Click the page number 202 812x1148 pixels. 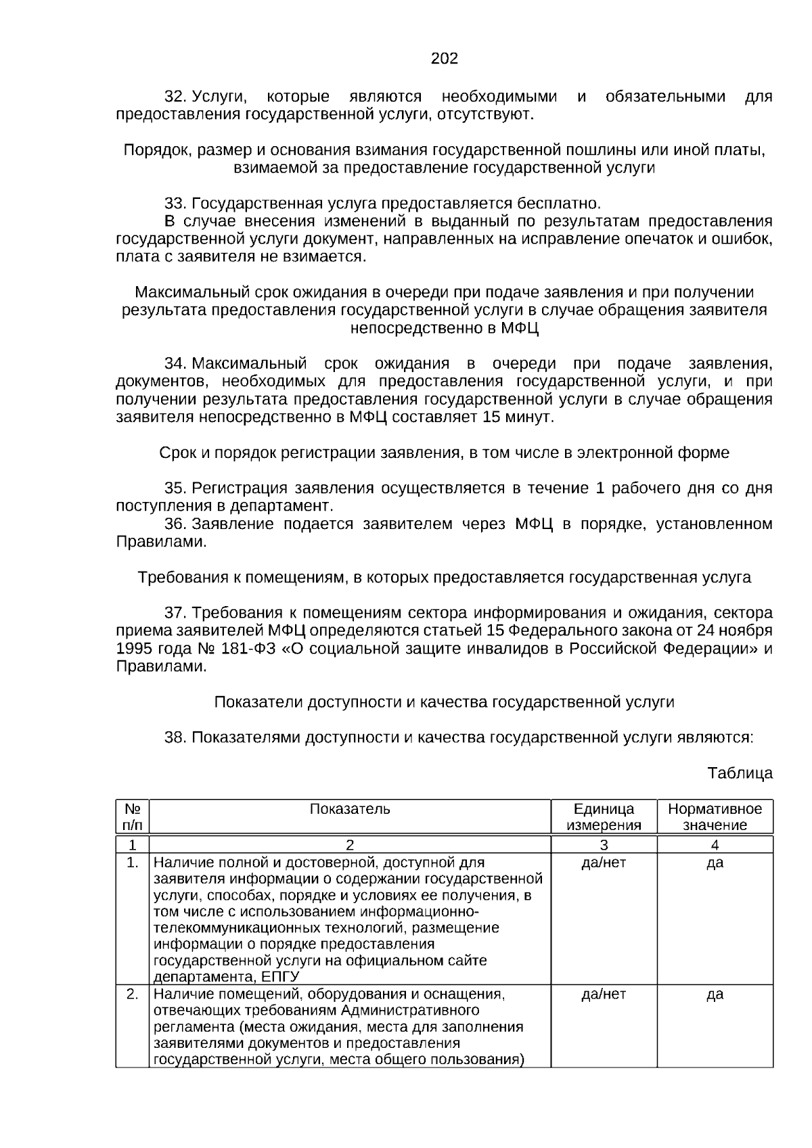click(x=445, y=59)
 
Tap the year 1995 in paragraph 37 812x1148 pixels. click(x=134, y=648)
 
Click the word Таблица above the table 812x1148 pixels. click(x=740, y=773)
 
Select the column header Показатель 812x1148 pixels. click(x=350, y=809)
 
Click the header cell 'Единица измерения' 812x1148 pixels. click(x=604, y=817)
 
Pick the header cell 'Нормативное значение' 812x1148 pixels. click(x=715, y=817)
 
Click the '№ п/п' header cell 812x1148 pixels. click(x=133, y=817)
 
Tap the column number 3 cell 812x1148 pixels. click(x=604, y=844)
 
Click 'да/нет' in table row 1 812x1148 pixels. click(x=604, y=863)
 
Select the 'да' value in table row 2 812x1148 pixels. click(x=715, y=994)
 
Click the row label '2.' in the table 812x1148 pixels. click(x=133, y=994)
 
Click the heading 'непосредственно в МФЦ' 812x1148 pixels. click(x=445, y=328)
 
